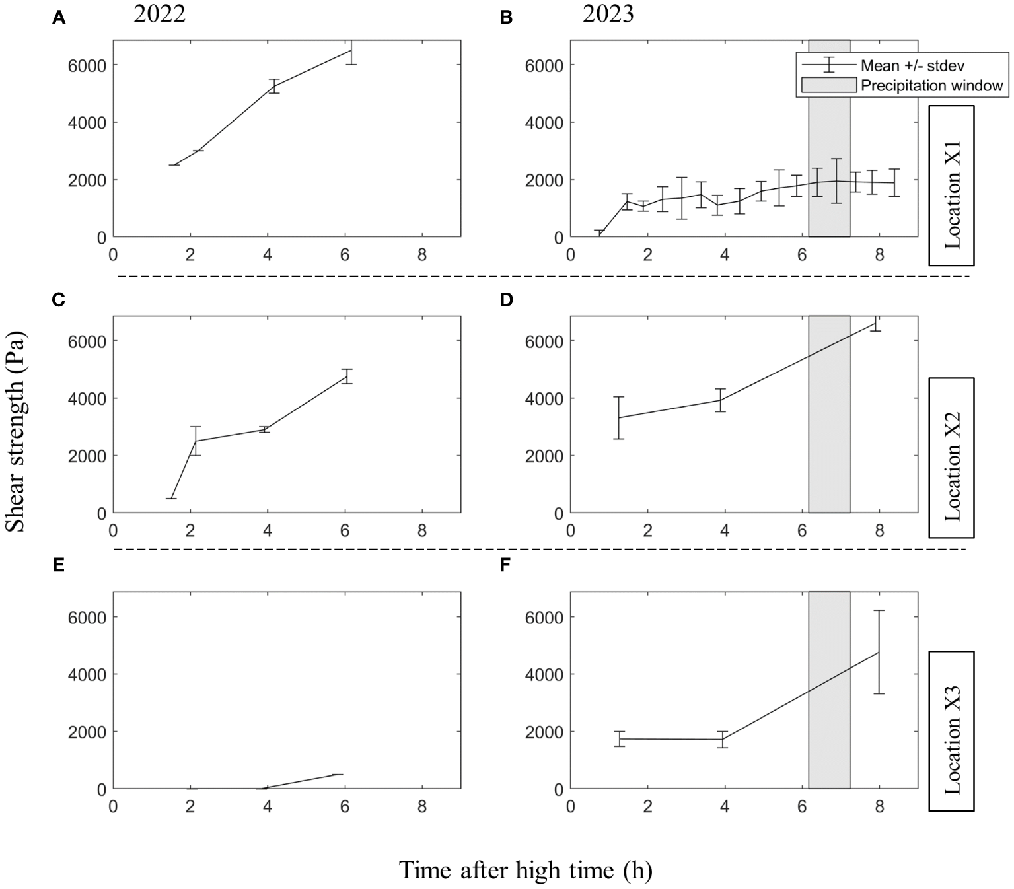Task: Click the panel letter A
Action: point(59,18)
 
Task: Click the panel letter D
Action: point(506,300)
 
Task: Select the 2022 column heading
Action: point(159,13)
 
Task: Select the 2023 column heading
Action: point(608,13)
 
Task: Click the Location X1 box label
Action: point(951,185)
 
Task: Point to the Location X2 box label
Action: point(951,458)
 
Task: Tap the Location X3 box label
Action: point(951,730)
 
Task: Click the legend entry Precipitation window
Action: point(931,85)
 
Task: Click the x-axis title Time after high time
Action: point(525,871)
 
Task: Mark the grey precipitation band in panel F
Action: point(829,690)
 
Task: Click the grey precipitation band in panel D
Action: point(829,414)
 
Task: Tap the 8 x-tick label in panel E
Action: point(422,806)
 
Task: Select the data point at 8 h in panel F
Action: point(879,652)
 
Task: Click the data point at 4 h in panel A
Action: point(273,87)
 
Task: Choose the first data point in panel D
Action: point(619,417)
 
